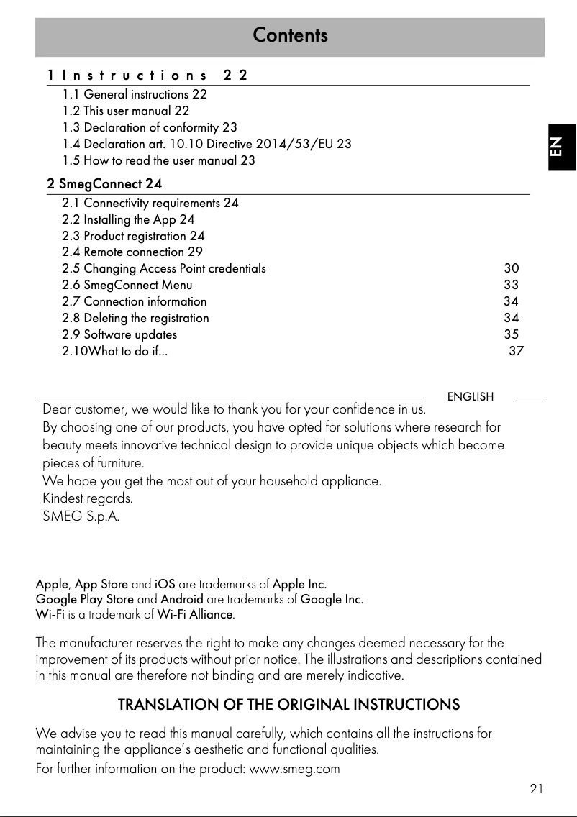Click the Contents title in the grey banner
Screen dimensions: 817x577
pyautogui.click(x=290, y=35)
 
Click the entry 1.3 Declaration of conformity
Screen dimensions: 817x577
pyautogui.click(x=150, y=127)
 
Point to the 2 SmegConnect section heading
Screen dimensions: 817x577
pyautogui.click(x=104, y=185)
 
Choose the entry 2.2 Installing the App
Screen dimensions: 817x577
pyautogui.click(x=128, y=219)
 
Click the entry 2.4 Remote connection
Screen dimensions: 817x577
pyautogui.click(x=132, y=252)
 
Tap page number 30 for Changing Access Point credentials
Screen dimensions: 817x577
pyautogui.click(x=511, y=268)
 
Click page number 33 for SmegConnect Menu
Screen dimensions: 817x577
pyautogui.click(x=511, y=285)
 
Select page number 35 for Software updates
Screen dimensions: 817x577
pyautogui.click(x=511, y=334)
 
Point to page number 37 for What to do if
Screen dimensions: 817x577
pyautogui.click(x=516, y=351)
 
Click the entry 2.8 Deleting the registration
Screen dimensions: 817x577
pyautogui.click(x=135, y=318)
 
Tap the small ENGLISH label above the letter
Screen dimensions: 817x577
pyautogui.click(x=471, y=397)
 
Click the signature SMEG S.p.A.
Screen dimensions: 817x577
pyautogui.click(x=81, y=516)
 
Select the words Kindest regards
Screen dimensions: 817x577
pyautogui.click(x=88, y=498)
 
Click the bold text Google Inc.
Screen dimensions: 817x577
pyautogui.click(x=332, y=599)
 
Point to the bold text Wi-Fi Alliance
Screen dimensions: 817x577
pyautogui.click(x=195, y=615)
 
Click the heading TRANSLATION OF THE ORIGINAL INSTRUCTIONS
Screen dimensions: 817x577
pyautogui.click(x=288, y=704)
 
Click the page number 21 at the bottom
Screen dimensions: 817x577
pyautogui.click(x=536, y=789)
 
